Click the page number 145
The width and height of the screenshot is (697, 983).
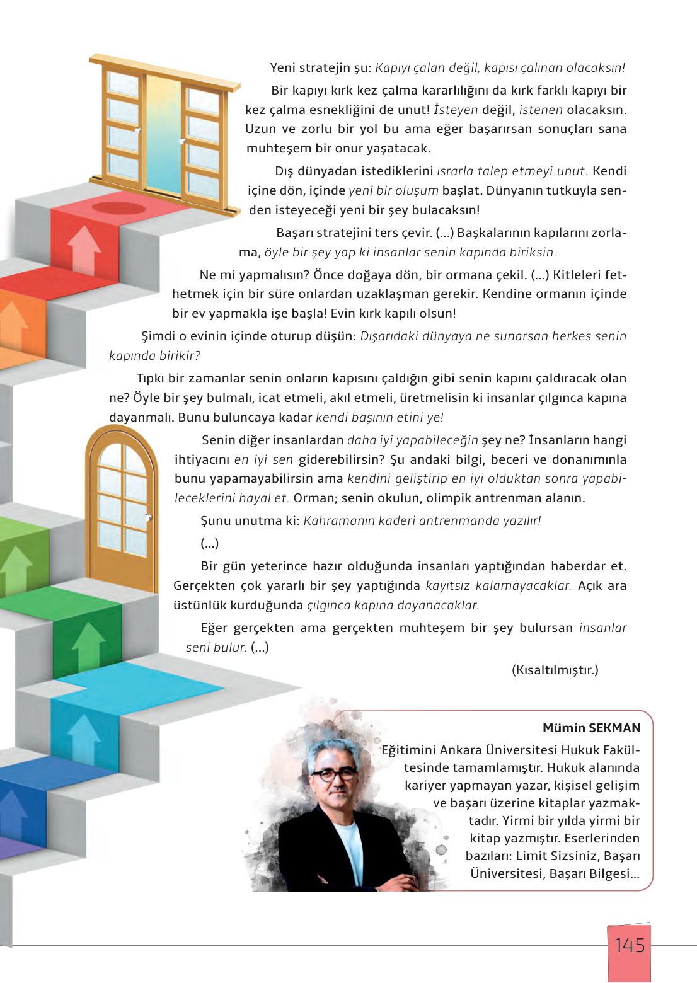[x=629, y=945]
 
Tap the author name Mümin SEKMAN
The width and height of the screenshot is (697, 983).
[x=591, y=728]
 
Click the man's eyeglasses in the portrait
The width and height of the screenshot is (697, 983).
[x=334, y=774]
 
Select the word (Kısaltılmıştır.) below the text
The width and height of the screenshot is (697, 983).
[x=555, y=670]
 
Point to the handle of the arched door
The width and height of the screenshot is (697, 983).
[x=149, y=518]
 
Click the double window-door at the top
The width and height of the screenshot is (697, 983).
[x=164, y=132]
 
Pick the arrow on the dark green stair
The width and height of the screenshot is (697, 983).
[x=89, y=646]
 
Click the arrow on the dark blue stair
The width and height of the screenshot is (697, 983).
[x=13, y=813]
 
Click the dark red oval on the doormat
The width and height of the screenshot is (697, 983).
[x=118, y=207]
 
